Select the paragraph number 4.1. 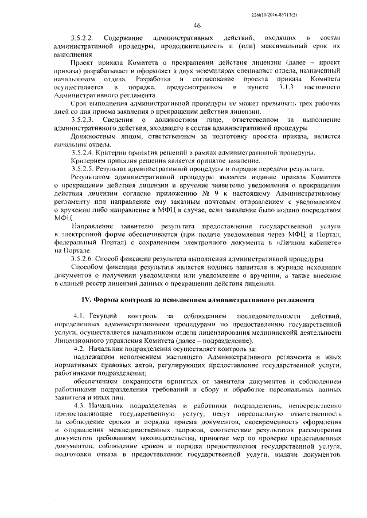[79, 317]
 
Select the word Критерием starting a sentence [89, 161]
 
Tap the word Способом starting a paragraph [88, 267]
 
